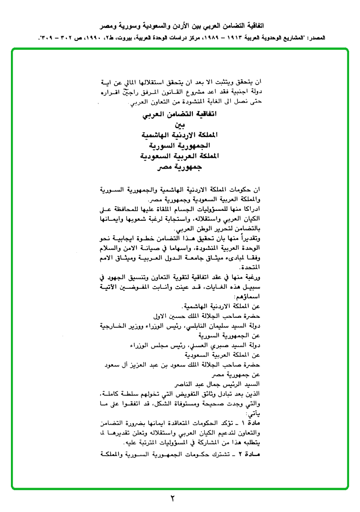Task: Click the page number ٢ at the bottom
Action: pos(173,498)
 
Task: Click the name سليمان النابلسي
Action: pos(209,327)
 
